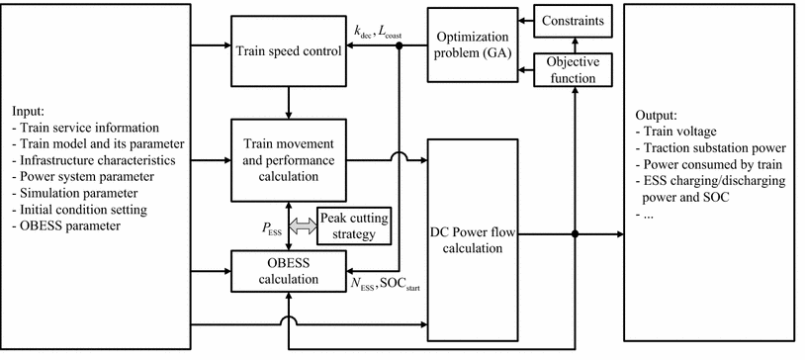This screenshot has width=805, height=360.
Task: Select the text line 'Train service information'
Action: tap(90, 128)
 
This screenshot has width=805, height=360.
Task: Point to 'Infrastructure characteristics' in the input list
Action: tap(97, 160)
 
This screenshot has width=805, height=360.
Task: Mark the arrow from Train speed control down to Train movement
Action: tap(287, 101)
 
